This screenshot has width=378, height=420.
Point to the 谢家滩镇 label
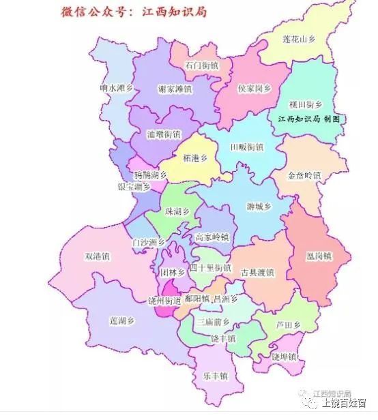coord(175,90)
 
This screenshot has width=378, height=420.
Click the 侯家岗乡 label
coord(255,89)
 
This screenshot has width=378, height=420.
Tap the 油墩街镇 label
coord(164,134)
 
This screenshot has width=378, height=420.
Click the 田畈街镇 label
coord(246,147)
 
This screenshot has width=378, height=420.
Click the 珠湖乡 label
coord(178,212)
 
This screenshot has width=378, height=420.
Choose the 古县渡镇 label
coord(257,273)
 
